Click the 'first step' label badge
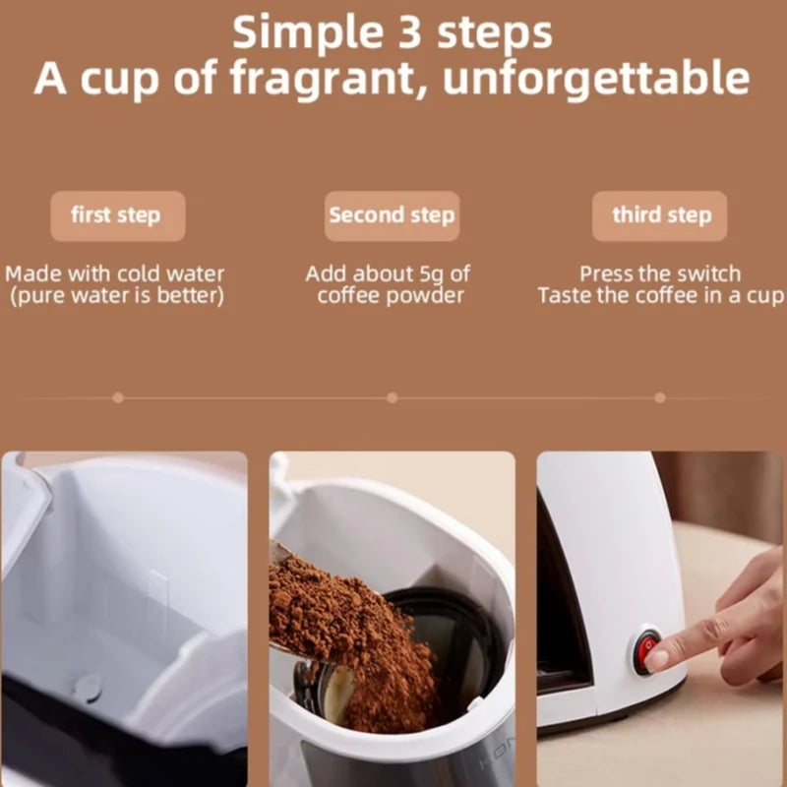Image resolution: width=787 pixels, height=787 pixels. (x=118, y=215)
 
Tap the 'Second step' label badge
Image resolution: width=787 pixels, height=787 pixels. (x=392, y=215)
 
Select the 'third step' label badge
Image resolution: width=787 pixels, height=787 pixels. (x=659, y=215)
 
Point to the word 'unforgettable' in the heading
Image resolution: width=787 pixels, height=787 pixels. (x=596, y=78)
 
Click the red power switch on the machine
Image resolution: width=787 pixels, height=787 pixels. (x=646, y=651)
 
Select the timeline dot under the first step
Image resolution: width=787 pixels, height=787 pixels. (x=118, y=398)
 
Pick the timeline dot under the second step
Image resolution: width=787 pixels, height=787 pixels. (x=392, y=398)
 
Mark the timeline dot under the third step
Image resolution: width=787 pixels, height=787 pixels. (x=659, y=398)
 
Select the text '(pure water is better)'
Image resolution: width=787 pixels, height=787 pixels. (x=117, y=296)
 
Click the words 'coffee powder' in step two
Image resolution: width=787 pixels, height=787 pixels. (x=391, y=296)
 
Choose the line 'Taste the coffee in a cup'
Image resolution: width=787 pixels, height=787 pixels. (x=660, y=296)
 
